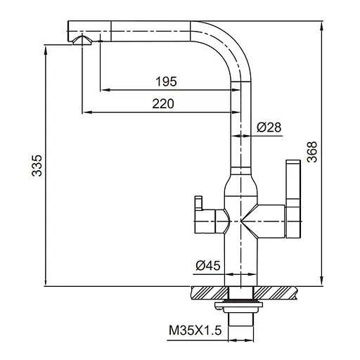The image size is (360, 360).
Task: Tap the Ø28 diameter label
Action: click(269, 127)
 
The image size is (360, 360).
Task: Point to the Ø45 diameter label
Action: click(209, 265)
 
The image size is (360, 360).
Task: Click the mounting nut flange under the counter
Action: click(240, 304)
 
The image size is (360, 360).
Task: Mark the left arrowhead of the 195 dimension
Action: click(104, 90)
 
